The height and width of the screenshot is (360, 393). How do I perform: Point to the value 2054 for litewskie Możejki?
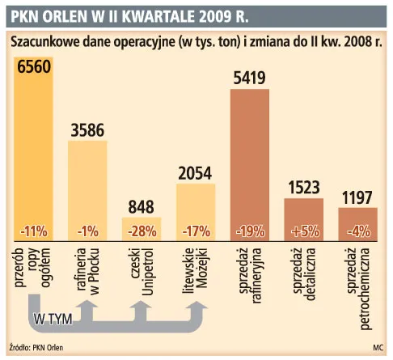[195, 172]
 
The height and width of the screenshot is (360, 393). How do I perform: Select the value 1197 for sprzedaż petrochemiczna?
[357, 197]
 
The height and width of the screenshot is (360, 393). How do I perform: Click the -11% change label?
[34, 231]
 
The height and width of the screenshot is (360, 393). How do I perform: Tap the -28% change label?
[142, 231]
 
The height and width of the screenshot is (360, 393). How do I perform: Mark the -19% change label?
[250, 231]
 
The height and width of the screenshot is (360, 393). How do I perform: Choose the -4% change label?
[357, 231]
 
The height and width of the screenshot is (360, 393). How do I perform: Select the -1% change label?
[87, 231]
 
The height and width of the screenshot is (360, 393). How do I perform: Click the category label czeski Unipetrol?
[142, 271]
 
